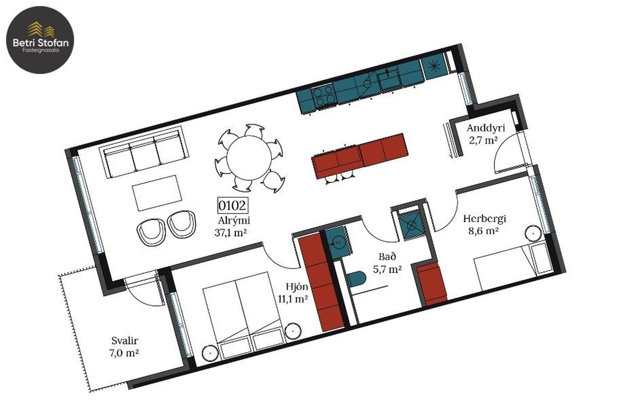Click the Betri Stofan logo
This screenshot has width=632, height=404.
[40, 40]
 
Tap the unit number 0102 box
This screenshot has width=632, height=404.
[233, 205]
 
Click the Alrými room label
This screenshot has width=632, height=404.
[234, 221]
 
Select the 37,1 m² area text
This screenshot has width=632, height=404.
[231, 233]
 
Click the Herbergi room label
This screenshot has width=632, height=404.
[485, 219]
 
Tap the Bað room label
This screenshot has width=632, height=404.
[388, 257]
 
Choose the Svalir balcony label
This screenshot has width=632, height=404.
[125, 341]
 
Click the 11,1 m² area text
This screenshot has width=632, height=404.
[293, 299]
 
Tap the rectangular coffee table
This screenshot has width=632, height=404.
[157, 193]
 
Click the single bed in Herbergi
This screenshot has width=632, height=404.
[513, 267]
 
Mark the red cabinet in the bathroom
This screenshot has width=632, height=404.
[431, 285]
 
